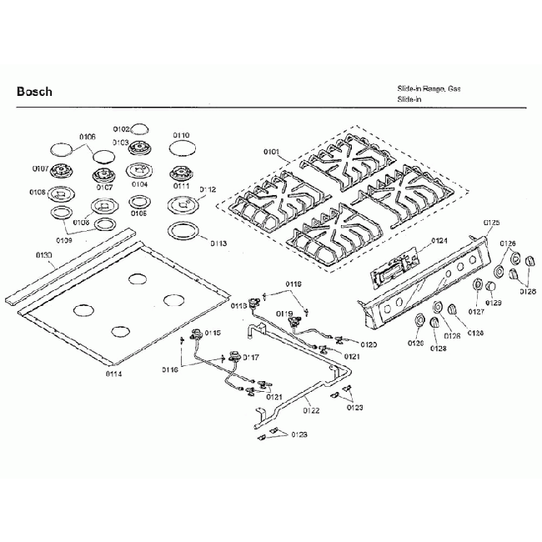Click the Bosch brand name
[34, 91]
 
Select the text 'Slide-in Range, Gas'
[429, 88]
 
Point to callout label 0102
[121, 129]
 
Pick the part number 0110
[181, 135]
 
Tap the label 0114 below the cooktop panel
[114, 374]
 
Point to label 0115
[213, 333]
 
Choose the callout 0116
[171, 369]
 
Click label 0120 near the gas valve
[369, 344]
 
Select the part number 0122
[311, 409]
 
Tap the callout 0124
[439, 240]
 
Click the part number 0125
[492, 223]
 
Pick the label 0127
[476, 311]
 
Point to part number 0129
[494, 303]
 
